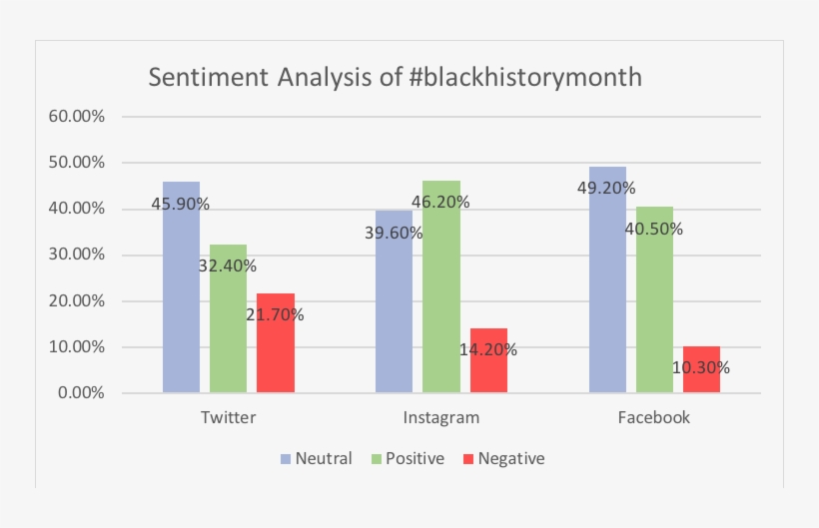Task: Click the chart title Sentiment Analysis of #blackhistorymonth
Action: click(x=395, y=78)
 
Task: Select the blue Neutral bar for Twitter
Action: click(x=181, y=289)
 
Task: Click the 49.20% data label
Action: click(x=605, y=188)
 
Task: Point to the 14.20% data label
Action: click(x=487, y=349)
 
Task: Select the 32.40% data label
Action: click(x=227, y=265)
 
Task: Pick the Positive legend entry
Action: click(x=409, y=459)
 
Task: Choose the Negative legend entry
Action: click(x=503, y=459)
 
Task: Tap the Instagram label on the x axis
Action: click(x=440, y=417)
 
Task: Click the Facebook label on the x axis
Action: click(x=654, y=417)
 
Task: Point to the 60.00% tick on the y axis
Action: click(x=76, y=116)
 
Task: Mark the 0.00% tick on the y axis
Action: click(x=80, y=393)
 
